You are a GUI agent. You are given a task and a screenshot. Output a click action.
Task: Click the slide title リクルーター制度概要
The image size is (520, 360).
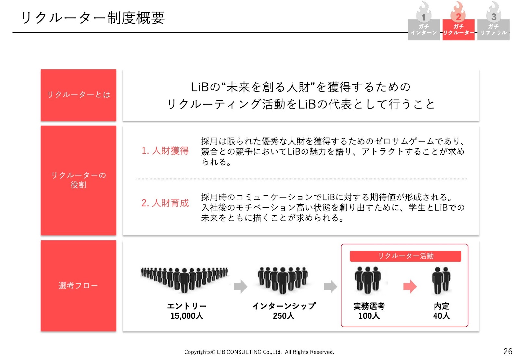coord(93,18)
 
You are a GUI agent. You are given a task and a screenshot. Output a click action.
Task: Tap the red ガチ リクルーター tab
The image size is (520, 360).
coord(459,30)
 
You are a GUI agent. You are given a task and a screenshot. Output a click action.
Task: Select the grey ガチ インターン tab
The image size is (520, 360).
coord(424,30)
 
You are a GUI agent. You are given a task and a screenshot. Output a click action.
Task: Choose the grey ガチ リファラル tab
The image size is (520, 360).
coord(494,30)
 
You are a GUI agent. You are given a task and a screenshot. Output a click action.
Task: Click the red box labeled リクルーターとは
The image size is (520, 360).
coord(78,95)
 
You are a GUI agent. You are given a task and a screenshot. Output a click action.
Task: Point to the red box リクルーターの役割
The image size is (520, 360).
coord(78,180)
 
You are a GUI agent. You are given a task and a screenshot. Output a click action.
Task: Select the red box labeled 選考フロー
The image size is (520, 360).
coord(78,286)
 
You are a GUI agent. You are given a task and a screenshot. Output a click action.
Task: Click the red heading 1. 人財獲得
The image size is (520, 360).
coord(165,151)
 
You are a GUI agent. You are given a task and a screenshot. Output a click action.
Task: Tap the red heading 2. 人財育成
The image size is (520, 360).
coord(165,203)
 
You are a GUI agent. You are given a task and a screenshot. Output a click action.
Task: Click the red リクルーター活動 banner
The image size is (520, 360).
coord(406,256)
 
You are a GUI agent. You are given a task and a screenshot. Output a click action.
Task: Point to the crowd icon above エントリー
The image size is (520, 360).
coord(185,280)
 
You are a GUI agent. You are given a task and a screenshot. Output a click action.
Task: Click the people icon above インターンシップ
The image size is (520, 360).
coord(283,280)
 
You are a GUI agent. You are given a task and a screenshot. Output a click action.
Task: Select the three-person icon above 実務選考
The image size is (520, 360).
coord(368,280)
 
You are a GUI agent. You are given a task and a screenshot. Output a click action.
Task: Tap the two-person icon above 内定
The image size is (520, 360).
coord(441,280)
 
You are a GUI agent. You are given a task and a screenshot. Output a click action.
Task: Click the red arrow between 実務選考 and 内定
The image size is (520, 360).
coord(410,287)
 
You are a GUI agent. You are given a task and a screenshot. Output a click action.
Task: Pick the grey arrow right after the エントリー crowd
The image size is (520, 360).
coord(240,287)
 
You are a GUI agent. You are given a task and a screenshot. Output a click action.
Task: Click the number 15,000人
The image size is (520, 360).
coord(187,316)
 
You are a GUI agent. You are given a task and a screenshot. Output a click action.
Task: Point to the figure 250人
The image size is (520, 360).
coord(283,316)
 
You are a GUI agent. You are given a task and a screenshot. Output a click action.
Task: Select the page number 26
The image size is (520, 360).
coord(508,351)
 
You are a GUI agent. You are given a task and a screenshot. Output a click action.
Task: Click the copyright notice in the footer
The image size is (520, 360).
coord(259,352)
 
